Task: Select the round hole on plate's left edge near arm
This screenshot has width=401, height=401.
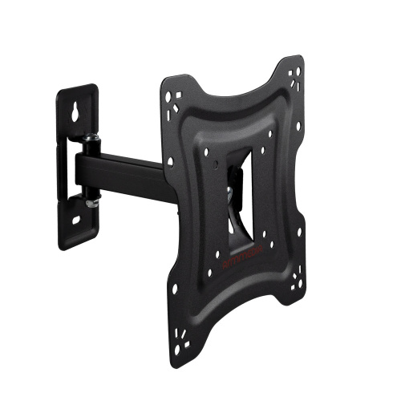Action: [x=170, y=162]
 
